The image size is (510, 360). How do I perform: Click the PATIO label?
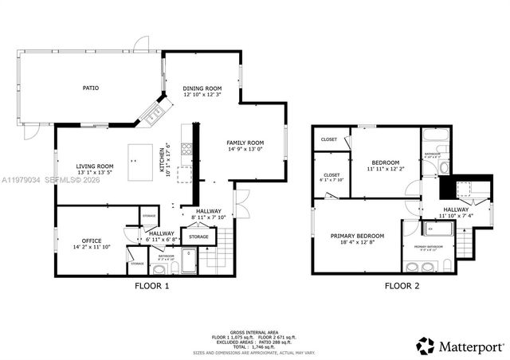[x=92, y=88]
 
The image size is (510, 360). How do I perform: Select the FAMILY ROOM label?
[x=245, y=143]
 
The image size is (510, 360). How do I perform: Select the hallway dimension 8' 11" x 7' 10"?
[x=210, y=217]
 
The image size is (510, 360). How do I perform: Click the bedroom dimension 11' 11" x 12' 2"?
[x=385, y=169]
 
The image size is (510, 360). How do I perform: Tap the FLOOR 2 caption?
[x=402, y=285]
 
